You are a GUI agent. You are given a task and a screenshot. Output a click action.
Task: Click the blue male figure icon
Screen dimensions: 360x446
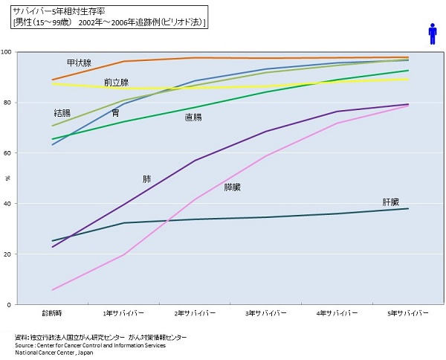tap(433, 33)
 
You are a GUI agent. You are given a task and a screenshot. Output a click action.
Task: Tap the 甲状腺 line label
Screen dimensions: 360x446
tap(79, 63)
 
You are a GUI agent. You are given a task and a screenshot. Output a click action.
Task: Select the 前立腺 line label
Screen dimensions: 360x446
tap(116, 83)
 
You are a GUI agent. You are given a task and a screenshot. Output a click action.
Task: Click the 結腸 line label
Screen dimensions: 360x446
tap(62, 113)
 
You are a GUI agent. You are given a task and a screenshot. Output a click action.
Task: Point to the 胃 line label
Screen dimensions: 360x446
tap(115, 113)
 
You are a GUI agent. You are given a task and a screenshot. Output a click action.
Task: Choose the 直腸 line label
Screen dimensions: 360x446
tap(193, 117)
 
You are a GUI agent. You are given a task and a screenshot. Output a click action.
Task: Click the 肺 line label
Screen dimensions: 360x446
tap(147, 179)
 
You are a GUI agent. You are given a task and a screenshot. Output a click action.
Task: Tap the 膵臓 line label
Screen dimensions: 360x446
tap(233, 187)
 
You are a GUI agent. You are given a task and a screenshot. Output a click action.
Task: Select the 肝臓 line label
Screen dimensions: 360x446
tap(391, 202)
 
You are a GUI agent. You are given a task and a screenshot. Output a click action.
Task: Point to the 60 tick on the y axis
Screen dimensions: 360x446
tap(28, 153)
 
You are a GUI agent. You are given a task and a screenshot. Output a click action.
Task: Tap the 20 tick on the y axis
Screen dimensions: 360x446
tap(28, 254)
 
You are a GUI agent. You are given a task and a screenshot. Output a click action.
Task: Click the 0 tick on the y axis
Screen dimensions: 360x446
tap(30, 305)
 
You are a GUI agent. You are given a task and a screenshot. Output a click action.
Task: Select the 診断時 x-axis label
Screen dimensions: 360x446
tap(52, 312)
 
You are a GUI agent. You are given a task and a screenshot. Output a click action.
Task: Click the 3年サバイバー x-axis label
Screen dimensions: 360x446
tap(266, 312)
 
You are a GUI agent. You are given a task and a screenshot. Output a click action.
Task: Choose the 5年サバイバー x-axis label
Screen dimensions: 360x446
tap(409, 312)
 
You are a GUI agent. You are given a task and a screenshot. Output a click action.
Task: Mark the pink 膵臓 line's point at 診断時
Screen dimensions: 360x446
tap(52, 290)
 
